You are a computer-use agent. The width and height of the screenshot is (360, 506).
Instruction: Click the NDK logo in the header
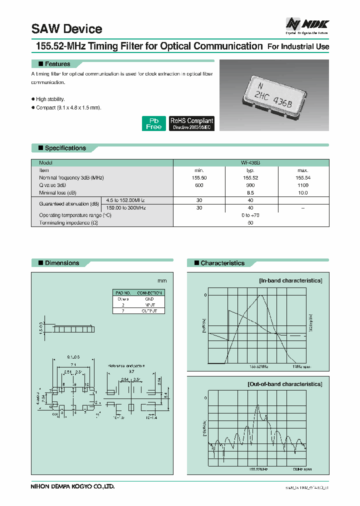click(x=306, y=24)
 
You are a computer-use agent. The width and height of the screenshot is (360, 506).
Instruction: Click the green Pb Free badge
click(x=153, y=123)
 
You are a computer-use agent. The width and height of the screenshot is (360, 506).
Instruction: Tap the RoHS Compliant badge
click(x=191, y=123)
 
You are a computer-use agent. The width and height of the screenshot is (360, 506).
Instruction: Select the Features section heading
click(x=57, y=64)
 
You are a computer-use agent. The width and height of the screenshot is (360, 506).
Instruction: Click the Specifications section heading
click(x=65, y=148)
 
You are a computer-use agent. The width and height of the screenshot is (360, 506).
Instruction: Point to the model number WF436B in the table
click(x=250, y=163)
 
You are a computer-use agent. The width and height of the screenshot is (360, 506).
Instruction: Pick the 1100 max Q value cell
click(x=302, y=185)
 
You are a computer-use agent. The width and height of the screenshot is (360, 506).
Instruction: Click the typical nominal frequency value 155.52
click(x=250, y=178)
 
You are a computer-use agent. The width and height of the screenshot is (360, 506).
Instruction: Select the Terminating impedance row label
click(x=68, y=222)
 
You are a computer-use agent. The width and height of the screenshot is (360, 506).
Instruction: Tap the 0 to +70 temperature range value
click(x=250, y=215)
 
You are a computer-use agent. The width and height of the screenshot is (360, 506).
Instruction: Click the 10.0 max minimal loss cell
click(x=302, y=192)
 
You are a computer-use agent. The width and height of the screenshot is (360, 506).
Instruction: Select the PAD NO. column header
click(x=123, y=293)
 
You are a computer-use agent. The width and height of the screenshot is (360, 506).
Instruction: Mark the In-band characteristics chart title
click(x=290, y=280)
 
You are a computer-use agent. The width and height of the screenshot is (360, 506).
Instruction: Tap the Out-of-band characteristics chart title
click(x=284, y=383)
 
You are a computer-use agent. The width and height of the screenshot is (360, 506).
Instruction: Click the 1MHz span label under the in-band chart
click(x=301, y=366)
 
